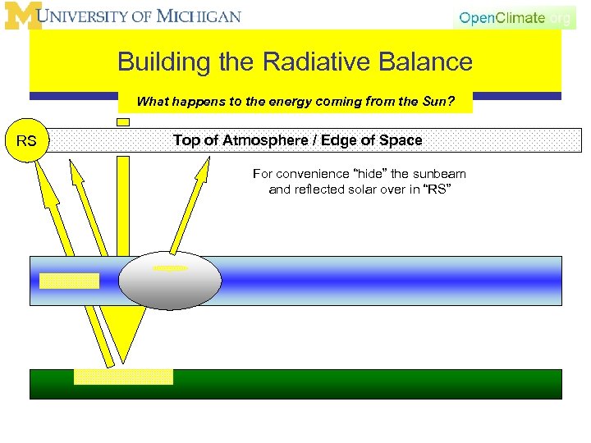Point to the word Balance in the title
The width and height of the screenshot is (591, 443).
tap(428, 62)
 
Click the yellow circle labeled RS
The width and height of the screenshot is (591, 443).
tap(26, 141)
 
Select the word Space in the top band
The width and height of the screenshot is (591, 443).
tap(401, 140)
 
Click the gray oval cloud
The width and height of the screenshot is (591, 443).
tap(170, 281)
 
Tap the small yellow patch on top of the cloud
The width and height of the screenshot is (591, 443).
tap(170, 267)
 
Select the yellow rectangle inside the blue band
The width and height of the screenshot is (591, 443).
tap(69, 281)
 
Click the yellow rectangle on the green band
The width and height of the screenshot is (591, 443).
tap(123, 377)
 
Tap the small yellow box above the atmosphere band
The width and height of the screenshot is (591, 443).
tap(123, 121)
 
